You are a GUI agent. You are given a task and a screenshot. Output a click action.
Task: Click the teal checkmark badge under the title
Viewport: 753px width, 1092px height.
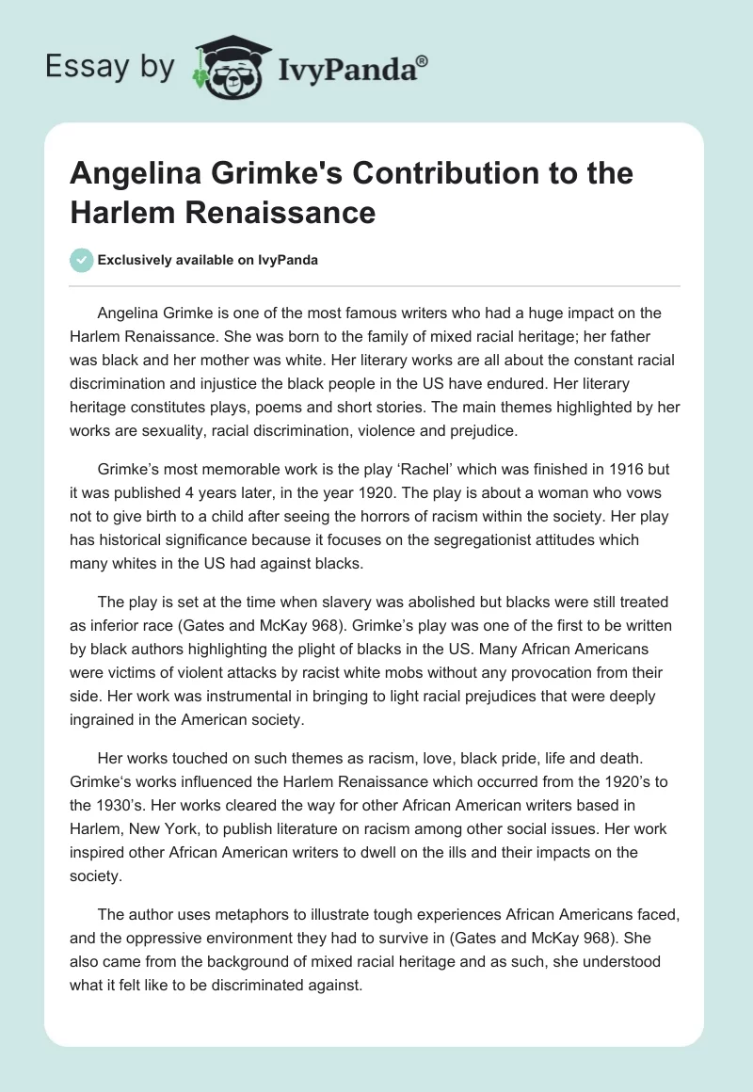(x=82, y=260)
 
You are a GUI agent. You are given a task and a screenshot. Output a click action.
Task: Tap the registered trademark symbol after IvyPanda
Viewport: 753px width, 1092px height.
(x=423, y=61)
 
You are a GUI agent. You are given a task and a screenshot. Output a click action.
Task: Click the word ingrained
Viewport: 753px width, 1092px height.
(x=104, y=720)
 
